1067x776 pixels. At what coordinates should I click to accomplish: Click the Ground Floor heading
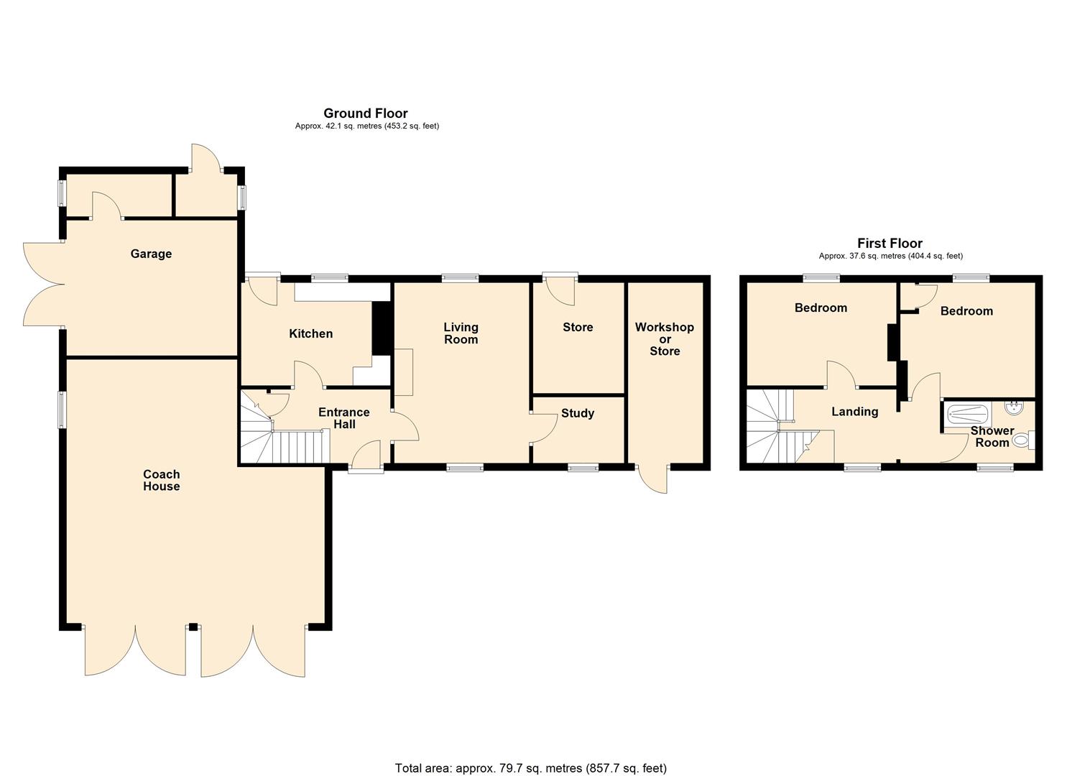pos(365,114)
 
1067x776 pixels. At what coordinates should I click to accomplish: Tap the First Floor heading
pos(890,244)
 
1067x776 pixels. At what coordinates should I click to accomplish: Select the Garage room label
pos(151,254)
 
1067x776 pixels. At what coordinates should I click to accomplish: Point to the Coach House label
pos(162,480)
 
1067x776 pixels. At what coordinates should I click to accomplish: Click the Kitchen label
pos(310,333)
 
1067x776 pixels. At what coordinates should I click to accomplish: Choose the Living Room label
pos(461,333)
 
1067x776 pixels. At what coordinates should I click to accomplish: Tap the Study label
pos(577,413)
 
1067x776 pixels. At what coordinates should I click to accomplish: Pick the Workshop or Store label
pos(665,339)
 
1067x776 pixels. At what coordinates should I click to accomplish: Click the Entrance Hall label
pos(344,418)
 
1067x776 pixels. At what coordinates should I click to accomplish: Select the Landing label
pos(855,412)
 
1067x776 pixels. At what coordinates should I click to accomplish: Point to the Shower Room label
pos(992,436)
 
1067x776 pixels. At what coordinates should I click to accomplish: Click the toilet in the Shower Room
pos(1024,440)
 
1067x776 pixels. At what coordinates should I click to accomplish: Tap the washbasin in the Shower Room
pos(1012,408)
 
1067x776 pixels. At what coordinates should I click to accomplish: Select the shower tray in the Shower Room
pos(967,415)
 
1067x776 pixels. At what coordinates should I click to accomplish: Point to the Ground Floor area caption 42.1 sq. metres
pos(366,126)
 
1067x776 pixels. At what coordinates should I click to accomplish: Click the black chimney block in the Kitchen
pos(381,328)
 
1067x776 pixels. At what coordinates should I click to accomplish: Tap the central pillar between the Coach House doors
pos(193,627)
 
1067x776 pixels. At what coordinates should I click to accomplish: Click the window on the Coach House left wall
pos(62,410)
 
